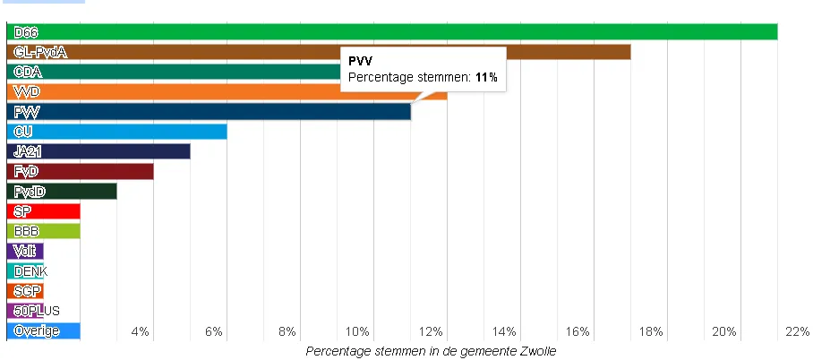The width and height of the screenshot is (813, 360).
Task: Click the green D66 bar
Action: point(391,32)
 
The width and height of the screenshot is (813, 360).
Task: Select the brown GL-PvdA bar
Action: point(318,52)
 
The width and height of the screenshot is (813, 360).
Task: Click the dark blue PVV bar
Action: point(208,112)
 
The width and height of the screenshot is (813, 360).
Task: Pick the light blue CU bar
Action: point(116,132)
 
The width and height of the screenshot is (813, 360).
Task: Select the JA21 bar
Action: point(98,151)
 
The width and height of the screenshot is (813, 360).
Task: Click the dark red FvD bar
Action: point(80,171)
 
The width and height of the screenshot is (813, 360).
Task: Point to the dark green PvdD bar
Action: point(62,191)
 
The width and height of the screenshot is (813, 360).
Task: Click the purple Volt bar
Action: point(25,251)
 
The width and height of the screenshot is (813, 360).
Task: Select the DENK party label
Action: point(31,271)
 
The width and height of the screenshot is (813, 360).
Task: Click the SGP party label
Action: point(27,291)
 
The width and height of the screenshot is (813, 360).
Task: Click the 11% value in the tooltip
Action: point(485,79)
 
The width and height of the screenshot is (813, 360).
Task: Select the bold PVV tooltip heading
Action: point(361,61)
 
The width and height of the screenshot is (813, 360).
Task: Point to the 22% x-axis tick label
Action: point(796,332)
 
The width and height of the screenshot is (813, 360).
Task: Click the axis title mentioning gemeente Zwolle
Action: point(431,351)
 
